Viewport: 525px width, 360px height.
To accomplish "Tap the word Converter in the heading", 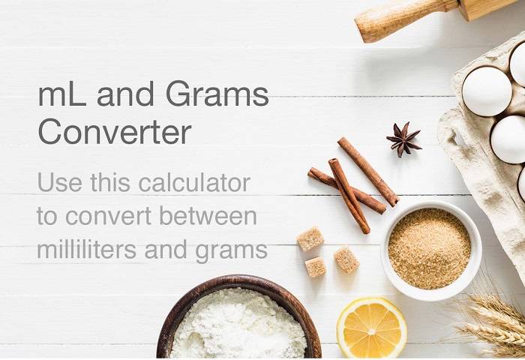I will [114, 132].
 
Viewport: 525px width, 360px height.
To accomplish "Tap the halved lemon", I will [371, 328].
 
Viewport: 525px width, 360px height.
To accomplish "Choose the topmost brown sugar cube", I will [310, 238].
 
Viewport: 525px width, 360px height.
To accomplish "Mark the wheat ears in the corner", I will [491, 322].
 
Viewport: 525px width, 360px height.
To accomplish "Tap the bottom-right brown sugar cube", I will [346, 259].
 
